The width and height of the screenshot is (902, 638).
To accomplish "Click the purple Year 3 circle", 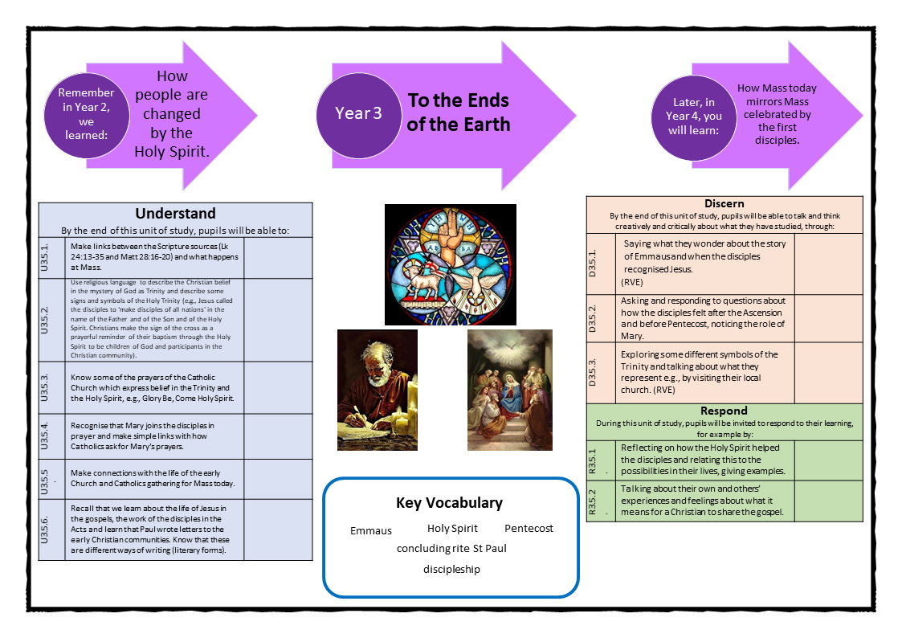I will [358, 113].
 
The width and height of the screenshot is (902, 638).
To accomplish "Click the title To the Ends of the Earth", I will [458, 112].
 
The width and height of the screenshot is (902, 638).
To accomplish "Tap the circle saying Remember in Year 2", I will [86, 114].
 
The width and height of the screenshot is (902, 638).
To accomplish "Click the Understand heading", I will [175, 214].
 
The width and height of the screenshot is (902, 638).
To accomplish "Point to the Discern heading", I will [724, 203].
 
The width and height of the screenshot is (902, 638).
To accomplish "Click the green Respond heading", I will [724, 411].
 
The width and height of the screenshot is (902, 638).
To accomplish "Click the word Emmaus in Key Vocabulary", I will [371, 531].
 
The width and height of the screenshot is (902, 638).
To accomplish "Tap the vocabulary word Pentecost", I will [529, 529].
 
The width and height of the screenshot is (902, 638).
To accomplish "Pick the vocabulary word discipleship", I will [451, 570].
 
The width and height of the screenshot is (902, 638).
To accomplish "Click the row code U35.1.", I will [51, 258].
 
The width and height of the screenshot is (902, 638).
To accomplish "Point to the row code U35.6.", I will [51, 530].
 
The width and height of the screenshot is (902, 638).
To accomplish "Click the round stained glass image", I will [450, 264].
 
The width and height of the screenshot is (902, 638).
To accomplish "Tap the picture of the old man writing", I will [377, 390].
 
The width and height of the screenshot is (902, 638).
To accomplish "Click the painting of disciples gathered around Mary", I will [510, 390].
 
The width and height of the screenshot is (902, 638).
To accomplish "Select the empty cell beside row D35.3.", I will [828, 371].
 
